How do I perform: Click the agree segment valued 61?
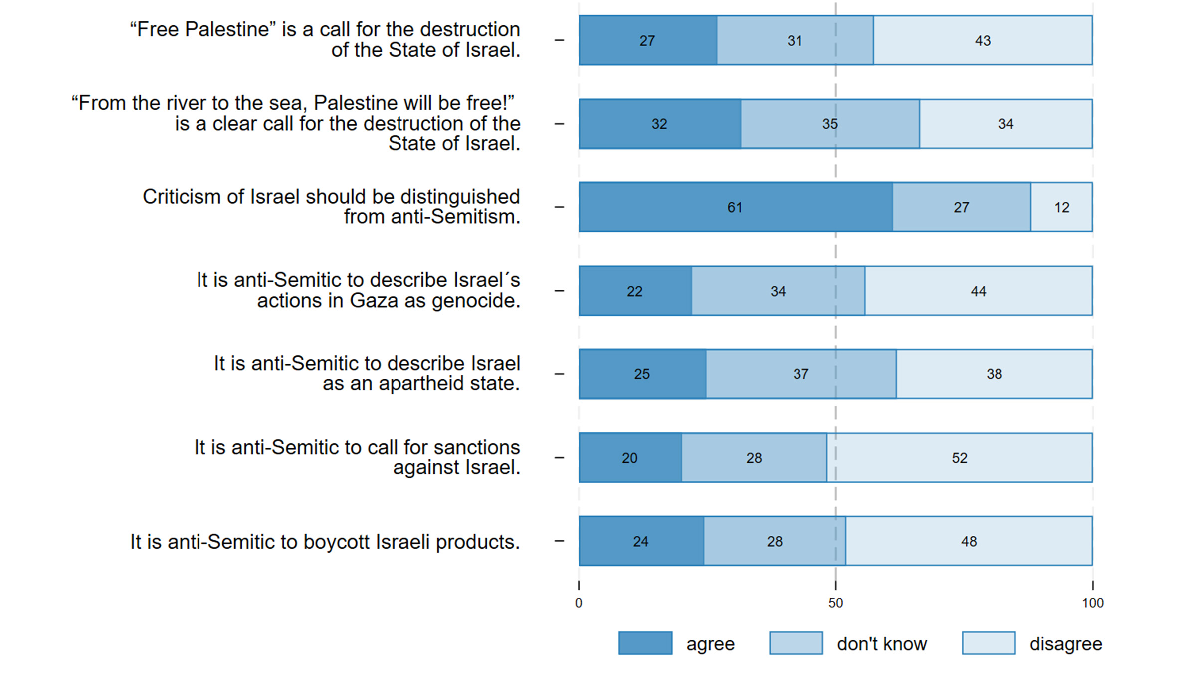tap(736, 207)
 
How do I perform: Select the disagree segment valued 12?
tap(1061, 207)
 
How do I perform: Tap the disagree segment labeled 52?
tap(959, 458)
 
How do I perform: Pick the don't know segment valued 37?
tap(801, 374)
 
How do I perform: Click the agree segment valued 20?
tap(630, 458)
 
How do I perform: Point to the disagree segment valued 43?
tap(983, 40)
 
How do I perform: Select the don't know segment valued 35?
tap(830, 124)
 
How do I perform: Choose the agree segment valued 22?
tap(635, 291)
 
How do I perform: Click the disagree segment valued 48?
tap(969, 541)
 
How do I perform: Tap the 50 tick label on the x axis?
tap(836, 603)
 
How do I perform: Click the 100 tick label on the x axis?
tap(1092, 603)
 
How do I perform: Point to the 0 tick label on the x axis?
tap(579, 603)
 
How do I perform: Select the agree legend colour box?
tap(645, 643)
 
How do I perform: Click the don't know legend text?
tap(882, 644)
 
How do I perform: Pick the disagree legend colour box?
tap(989, 643)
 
